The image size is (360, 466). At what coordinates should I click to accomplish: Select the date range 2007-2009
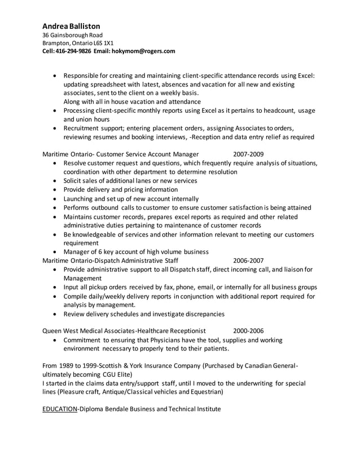click(248, 153)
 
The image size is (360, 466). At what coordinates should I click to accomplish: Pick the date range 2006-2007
click(248, 261)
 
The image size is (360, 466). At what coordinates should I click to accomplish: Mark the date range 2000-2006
click(248, 331)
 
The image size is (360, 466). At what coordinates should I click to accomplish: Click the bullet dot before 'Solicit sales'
click(54, 181)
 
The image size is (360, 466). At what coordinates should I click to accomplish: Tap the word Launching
click(80, 199)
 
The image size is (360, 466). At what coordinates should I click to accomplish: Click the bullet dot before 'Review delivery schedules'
click(54, 314)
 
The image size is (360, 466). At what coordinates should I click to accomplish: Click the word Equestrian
click(204, 392)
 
